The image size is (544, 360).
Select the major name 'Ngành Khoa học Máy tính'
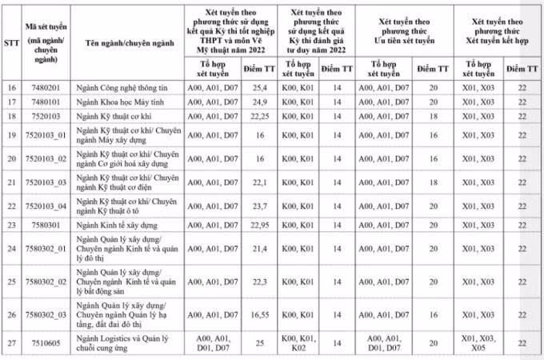pos(117,102)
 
